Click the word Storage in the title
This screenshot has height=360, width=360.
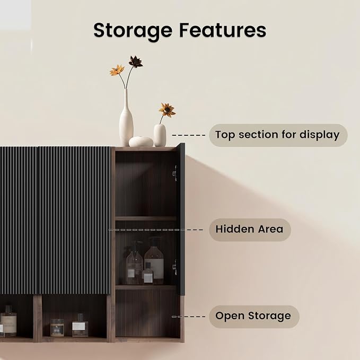coord(133,31)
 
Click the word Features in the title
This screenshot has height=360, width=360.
coord(223,30)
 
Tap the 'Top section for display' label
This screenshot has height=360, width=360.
coord(278,135)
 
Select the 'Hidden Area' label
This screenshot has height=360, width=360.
coord(250,230)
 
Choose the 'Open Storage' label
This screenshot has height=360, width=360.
coord(254,316)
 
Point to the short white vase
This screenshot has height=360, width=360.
coord(160,135)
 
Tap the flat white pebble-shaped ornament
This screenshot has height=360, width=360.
coord(141,142)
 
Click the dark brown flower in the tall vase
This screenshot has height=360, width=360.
coord(135,62)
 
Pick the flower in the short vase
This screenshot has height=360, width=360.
coord(167,110)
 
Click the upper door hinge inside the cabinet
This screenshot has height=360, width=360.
coord(175,173)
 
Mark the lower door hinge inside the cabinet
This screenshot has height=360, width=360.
coord(175,267)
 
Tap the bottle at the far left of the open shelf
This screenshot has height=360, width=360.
coord(8,321)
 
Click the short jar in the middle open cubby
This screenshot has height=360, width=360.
coord(57,328)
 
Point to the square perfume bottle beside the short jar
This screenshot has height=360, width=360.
coord(80,326)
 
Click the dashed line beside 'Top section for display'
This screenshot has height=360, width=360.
coord(189,135)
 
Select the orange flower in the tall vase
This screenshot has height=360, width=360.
coord(117,70)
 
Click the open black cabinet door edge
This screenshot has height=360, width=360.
coord(182,219)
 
